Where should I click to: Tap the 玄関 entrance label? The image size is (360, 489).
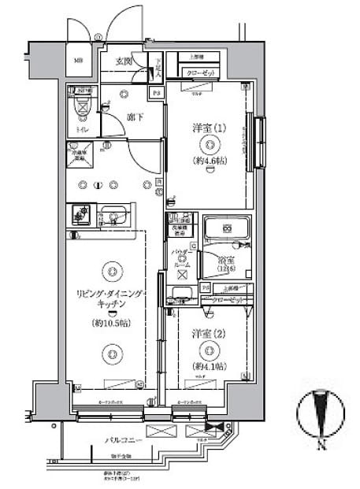pyautogui.click(x=124, y=61)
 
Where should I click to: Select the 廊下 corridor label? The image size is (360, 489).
pyautogui.click(x=135, y=117)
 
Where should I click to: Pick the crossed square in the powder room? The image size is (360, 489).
pyautogui.click(x=182, y=276)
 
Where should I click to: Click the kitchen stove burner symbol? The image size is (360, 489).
pyautogui.click(x=80, y=212)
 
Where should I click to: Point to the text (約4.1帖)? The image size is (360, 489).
pyautogui.click(x=209, y=366)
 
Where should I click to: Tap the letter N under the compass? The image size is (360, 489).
pyautogui.click(x=321, y=446)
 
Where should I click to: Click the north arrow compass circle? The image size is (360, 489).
pyautogui.click(x=321, y=410)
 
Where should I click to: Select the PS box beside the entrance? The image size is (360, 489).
pyautogui.click(x=156, y=93)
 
